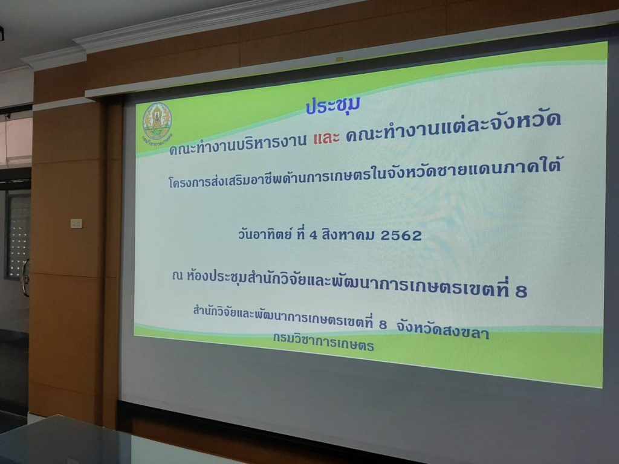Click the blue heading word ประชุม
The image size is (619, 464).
click(x=332, y=106)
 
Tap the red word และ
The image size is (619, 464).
click(x=326, y=138)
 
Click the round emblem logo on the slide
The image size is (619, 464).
click(x=157, y=121)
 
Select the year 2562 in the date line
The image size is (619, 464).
click(x=401, y=236)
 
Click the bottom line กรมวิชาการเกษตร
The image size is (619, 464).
click(x=323, y=342)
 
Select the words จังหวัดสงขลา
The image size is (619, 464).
click(x=443, y=330)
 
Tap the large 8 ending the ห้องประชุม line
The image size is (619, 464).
click(x=521, y=291)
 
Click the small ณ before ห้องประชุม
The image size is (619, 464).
click(x=178, y=275)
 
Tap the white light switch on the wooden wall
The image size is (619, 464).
click(x=76, y=224)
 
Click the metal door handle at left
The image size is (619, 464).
click(x=25, y=278)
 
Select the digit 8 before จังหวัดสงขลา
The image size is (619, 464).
click(x=383, y=324)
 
